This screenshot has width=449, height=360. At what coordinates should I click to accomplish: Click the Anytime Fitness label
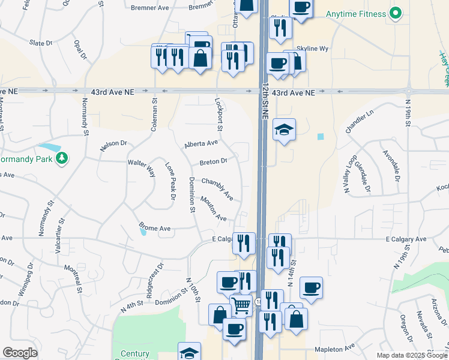(355, 14)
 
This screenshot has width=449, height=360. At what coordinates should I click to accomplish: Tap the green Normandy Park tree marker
(61, 158)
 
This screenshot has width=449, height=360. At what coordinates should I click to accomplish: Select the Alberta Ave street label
(201, 144)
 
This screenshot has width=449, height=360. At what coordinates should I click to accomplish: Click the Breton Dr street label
(213, 161)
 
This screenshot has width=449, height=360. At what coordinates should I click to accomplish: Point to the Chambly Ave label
(217, 188)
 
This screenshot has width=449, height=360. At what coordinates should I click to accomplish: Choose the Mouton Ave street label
(214, 209)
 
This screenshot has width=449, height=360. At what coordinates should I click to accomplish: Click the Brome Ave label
(155, 228)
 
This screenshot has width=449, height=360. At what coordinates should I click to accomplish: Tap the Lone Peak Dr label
(171, 181)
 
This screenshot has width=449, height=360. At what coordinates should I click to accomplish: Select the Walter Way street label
(142, 166)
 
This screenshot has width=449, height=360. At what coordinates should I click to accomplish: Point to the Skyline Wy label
(313, 49)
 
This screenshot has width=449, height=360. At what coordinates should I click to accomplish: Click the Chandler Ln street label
(359, 121)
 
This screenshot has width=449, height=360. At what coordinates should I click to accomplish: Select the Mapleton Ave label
(334, 349)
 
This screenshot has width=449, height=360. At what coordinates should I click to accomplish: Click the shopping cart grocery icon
(241, 305)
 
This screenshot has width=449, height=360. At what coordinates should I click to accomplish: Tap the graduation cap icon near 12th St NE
(284, 130)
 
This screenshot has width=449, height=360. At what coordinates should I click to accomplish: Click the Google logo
(20, 353)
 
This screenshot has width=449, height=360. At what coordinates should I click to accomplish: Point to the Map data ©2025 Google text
(411, 355)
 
